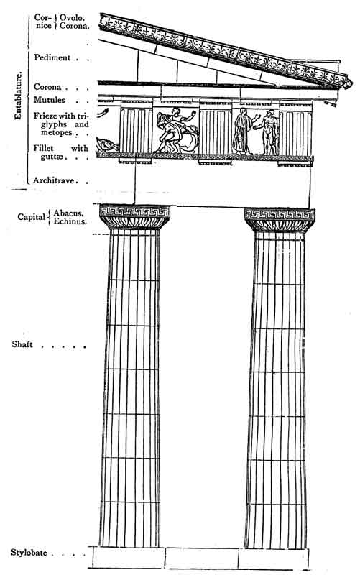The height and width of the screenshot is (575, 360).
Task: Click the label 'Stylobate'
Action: [29, 553]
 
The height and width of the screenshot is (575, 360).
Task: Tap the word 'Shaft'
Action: [22, 344]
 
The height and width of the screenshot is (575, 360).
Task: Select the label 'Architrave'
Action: [54, 180]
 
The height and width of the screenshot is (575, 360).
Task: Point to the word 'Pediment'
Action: [52, 57]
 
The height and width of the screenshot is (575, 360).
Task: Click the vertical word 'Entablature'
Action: [18, 96]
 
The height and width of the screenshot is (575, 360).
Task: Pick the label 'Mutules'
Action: [49, 100]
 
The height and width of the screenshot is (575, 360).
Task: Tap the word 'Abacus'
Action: [68, 213]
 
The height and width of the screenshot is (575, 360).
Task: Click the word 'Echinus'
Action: [70, 221]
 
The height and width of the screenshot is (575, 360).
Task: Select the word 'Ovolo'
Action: [72, 17]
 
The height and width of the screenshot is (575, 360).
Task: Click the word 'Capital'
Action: [31, 217]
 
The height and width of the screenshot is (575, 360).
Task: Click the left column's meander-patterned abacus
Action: [135, 211]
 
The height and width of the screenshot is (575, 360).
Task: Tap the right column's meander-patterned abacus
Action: [280, 214]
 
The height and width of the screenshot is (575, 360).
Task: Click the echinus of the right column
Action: [280, 226]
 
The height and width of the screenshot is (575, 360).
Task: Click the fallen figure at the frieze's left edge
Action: [107, 145]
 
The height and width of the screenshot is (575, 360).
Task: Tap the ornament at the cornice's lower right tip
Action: [345, 83]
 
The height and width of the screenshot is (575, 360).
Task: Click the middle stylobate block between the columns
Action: [202, 558]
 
